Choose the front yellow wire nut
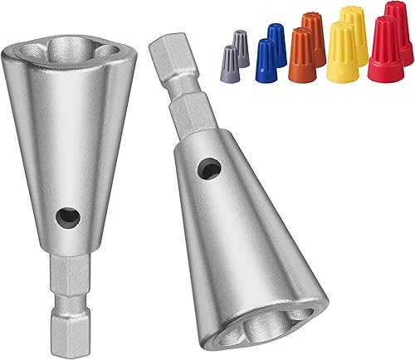[x=340, y=50]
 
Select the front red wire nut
[x=383, y=43]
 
